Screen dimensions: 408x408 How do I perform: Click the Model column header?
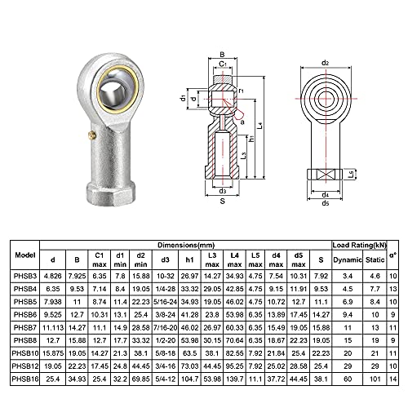[25, 254]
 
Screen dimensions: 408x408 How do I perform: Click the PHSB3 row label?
[25, 277]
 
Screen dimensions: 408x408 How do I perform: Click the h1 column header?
[189, 259]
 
